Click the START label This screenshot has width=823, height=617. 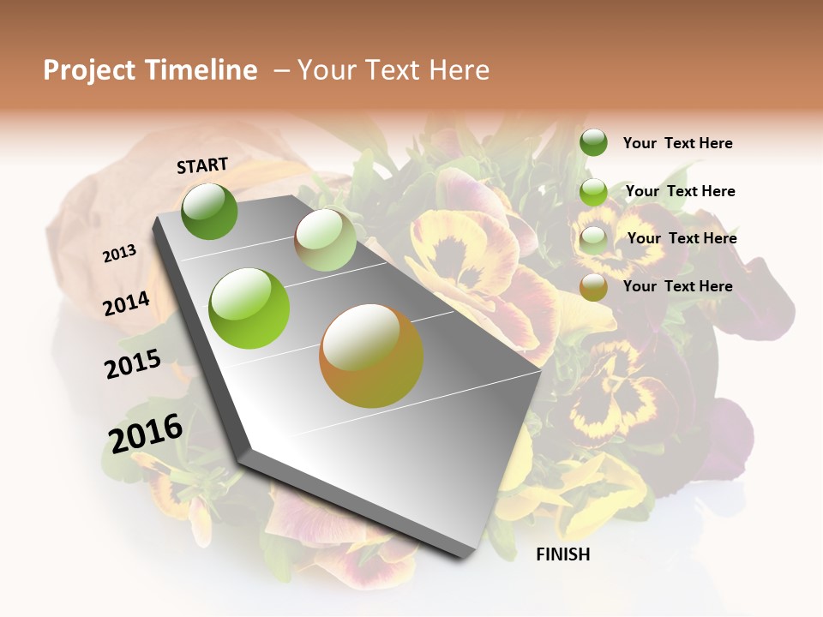[202, 165]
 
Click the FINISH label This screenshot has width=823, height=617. [563, 554]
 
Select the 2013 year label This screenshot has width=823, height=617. [120, 253]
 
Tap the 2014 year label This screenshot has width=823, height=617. [127, 304]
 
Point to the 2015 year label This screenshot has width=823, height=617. [133, 364]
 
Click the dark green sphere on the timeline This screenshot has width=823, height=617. [209, 211]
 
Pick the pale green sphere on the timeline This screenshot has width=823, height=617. [326, 240]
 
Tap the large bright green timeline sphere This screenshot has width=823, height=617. [249, 308]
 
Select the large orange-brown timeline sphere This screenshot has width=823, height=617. [371, 356]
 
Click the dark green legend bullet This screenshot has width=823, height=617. [593, 142]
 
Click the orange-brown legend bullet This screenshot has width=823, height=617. [593, 287]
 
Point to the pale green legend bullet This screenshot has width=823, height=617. [593, 240]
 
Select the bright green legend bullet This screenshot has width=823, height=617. [593, 191]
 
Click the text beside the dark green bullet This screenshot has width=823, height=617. [677, 143]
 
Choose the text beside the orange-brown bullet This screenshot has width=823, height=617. [677, 286]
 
